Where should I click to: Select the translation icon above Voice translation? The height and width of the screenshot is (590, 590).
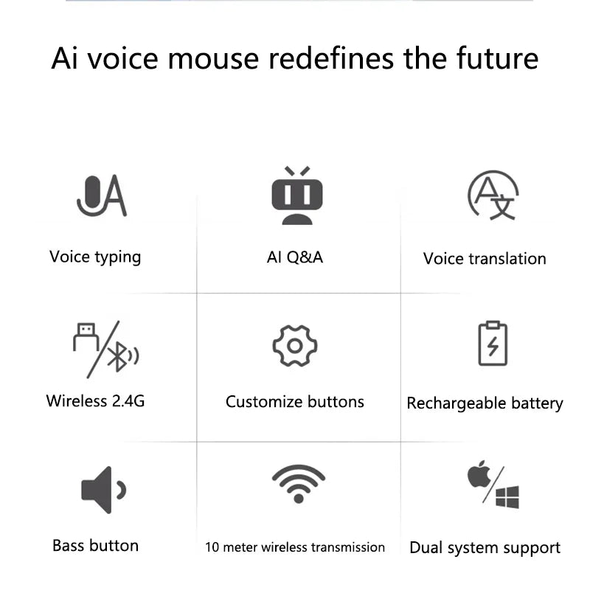point(493,195)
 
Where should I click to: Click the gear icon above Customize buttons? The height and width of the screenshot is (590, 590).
point(294,345)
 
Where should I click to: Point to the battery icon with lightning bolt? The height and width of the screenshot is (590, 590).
point(493,344)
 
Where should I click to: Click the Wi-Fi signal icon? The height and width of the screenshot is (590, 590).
point(298,483)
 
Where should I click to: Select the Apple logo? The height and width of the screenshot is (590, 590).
point(479,475)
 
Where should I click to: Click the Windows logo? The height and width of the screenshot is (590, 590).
point(507,496)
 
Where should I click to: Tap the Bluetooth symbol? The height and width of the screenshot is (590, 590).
point(118,358)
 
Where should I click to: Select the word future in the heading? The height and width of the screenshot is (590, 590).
point(498,58)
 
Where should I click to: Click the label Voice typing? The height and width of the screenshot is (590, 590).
point(95,257)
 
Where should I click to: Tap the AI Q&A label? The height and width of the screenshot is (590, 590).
point(294,257)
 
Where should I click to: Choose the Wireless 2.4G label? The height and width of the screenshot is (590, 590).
point(95,401)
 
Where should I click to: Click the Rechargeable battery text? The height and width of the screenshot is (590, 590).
point(485,403)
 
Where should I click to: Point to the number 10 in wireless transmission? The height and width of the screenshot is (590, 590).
point(212,547)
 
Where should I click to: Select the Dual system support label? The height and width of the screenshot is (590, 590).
point(485,548)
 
